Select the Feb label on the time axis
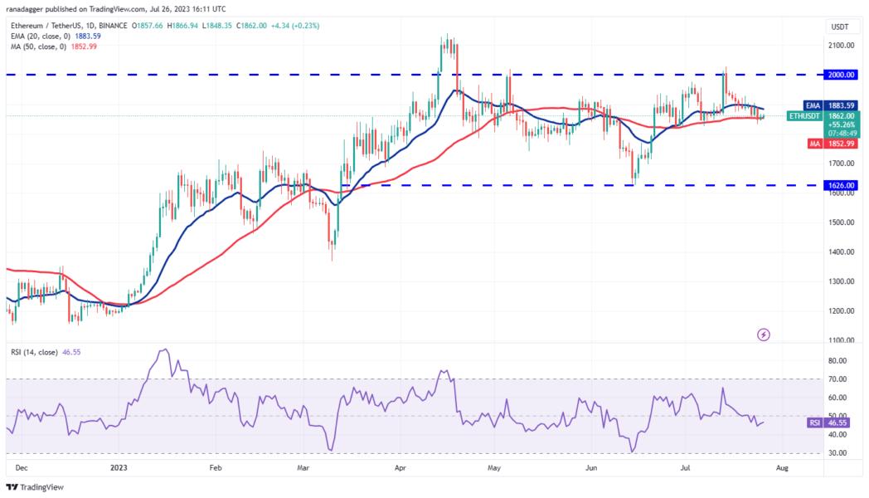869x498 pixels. tap(216, 468)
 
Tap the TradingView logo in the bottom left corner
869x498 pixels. tap(33, 488)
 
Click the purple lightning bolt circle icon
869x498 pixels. tap(764, 334)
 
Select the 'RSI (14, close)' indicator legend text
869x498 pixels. tap(36, 353)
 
